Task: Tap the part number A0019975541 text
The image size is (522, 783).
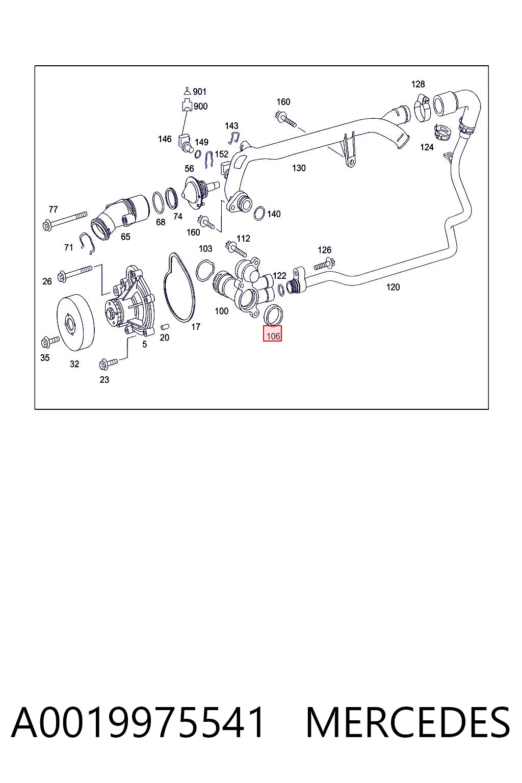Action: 138,722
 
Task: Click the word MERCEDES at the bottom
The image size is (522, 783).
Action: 408,722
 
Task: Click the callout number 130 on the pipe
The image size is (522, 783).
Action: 299,168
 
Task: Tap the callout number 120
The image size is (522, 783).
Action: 393,287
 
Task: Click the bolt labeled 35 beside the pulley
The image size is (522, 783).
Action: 50,341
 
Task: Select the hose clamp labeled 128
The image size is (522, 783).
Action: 422,108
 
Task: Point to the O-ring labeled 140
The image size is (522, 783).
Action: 259,214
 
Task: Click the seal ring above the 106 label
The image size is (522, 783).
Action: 273,315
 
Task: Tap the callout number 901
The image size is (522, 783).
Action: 200,92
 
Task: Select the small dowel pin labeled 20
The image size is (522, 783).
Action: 164,326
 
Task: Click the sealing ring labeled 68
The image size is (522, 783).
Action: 159,202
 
